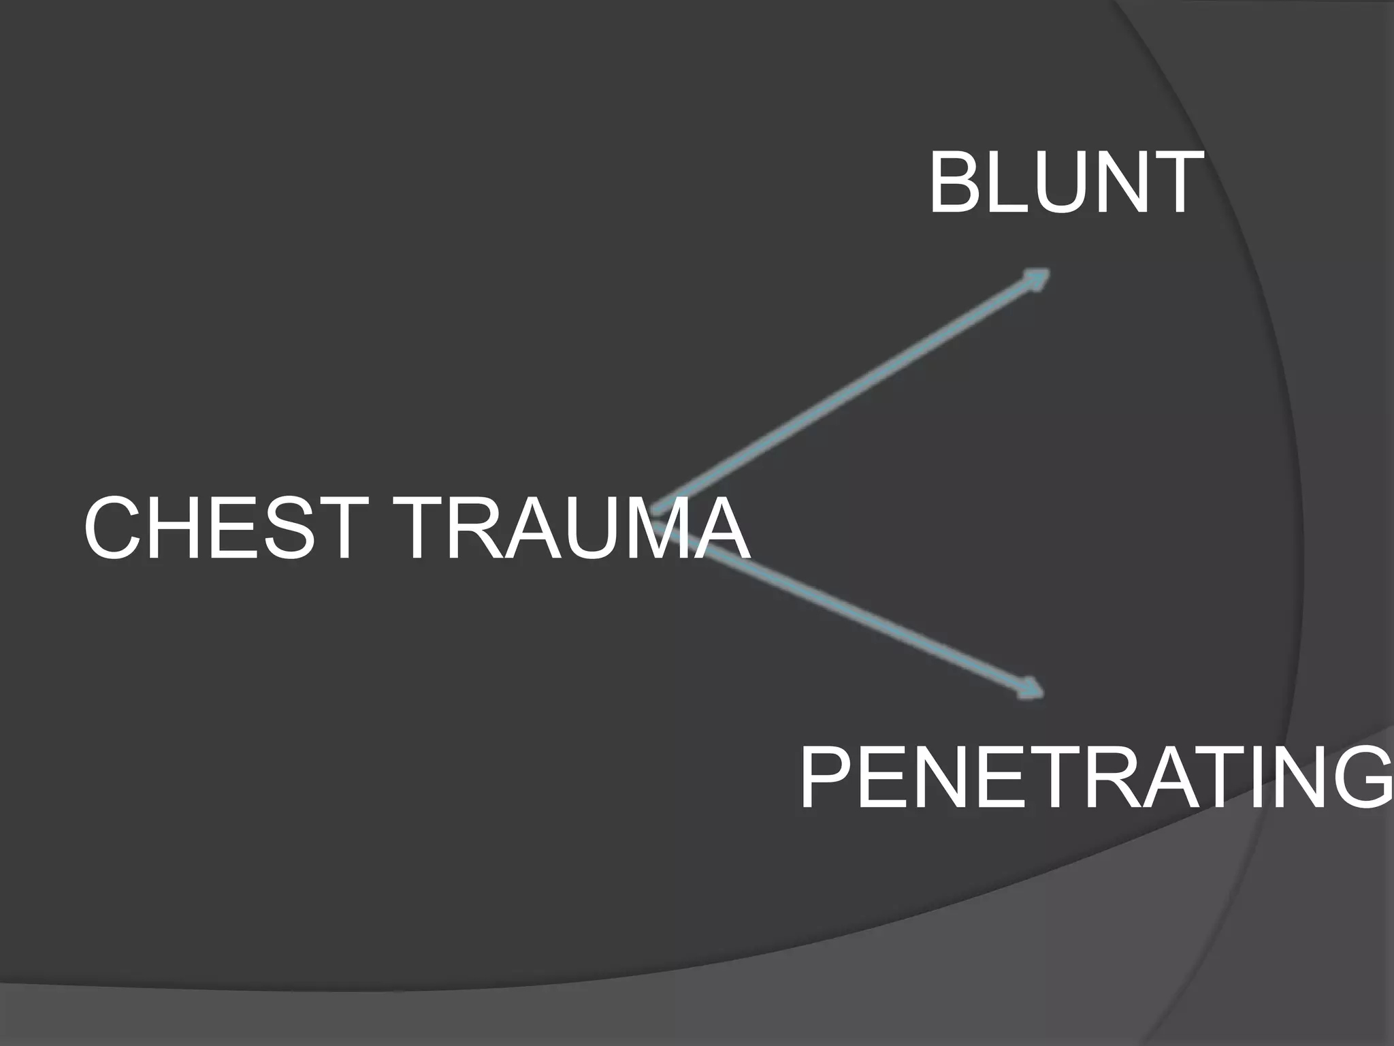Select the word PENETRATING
coord(1096,777)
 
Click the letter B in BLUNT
coord(956,183)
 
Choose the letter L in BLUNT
coord(1007,183)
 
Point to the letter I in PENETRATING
coord(1250,777)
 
